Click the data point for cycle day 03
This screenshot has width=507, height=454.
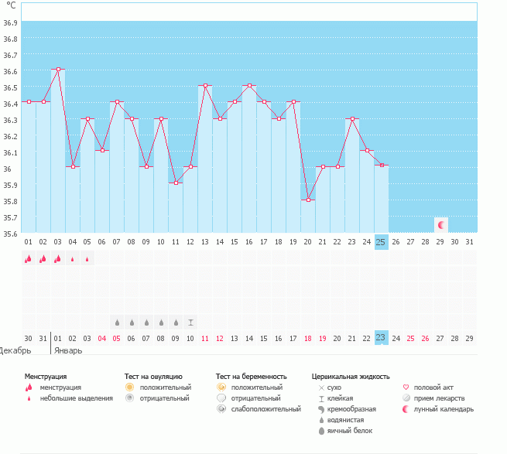pos(58,69)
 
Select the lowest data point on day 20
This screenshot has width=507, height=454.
pos(308,200)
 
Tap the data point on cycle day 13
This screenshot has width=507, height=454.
pos(205,85)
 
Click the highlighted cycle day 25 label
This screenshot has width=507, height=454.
pos(381,242)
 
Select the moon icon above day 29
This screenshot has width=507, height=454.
pos(441,225)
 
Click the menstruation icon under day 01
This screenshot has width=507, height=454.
pos(29,259)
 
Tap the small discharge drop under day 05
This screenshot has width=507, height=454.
pos(87,260)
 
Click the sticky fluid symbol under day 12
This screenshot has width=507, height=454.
pos(190,322)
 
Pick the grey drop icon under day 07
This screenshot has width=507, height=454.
pos(117,322)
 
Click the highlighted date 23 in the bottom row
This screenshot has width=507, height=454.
pos(381,338)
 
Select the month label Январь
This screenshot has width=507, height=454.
pos(67,350)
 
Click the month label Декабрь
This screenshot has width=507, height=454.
pos(15,350)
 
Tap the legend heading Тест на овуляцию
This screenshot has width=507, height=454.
pos(153,377)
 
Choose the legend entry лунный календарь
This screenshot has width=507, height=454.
pos(443,409)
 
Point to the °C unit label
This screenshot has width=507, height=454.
pos(11,6)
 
